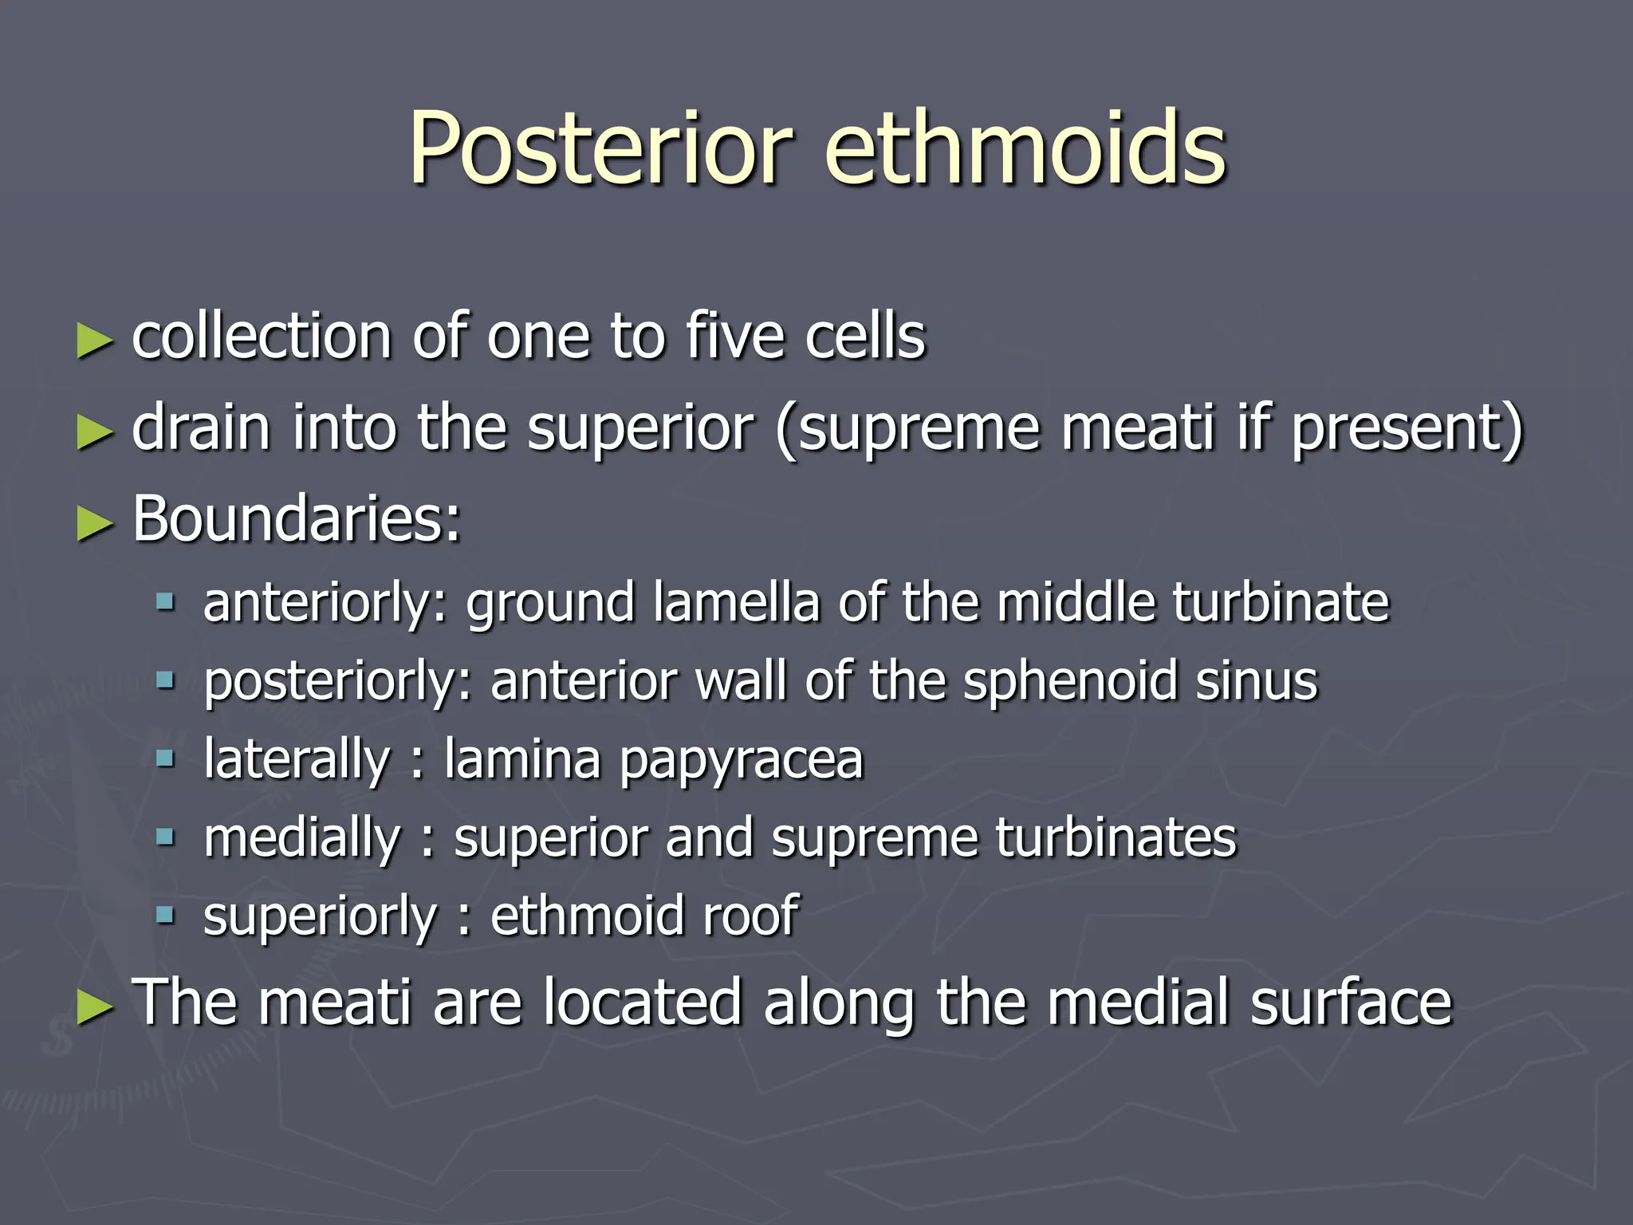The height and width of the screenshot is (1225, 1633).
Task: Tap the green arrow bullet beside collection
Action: point(94,341)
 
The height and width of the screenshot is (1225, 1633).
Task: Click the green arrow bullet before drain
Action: point(94,433)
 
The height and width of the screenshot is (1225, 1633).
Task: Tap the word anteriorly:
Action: point(326,603)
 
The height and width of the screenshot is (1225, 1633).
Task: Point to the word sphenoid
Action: point(1069,682)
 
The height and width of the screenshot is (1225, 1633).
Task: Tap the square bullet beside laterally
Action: point(165,758)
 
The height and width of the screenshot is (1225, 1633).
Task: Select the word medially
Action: point(301,839)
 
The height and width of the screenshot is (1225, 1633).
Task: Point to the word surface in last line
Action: point(1351,1002)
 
